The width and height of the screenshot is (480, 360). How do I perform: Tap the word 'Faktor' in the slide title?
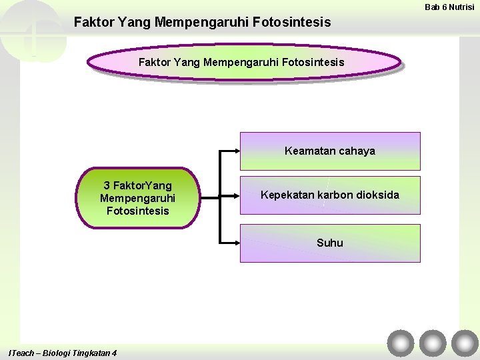click(93, 23)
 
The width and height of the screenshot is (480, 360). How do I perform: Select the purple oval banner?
click(243, 62)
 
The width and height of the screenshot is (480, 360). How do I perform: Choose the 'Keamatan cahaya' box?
click(330, 151)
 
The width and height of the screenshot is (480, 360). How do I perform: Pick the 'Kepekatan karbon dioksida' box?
click(330, 195)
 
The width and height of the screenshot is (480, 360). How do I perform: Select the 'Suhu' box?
click(330, 243)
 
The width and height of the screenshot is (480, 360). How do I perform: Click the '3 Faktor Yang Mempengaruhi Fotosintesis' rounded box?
click(138, 198)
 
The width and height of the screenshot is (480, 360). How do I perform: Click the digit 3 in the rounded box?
click(107, 185)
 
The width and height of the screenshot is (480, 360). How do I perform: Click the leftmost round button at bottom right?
click(401, 343)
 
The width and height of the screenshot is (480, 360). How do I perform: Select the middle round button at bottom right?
click(433, 343)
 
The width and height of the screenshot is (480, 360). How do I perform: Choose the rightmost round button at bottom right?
click(465, 343)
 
